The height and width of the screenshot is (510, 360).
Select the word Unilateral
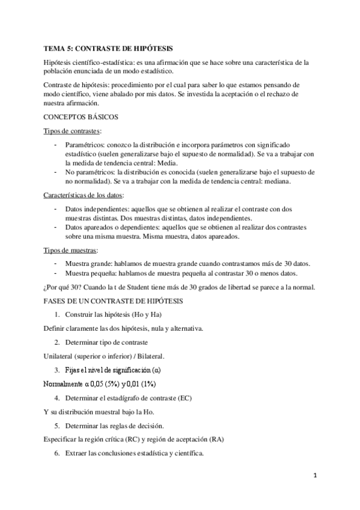click(x=61, y=356)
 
